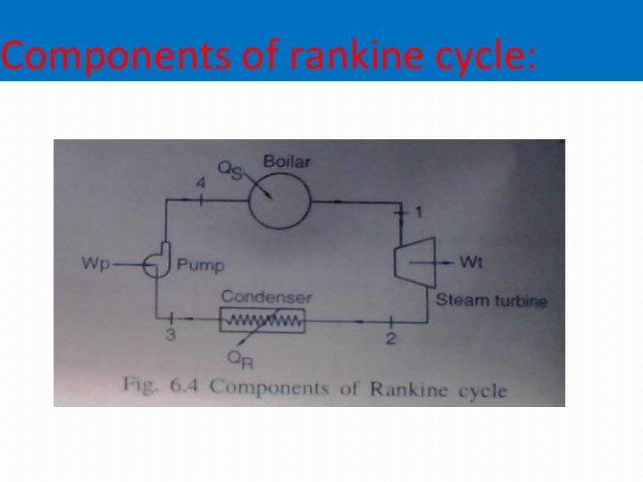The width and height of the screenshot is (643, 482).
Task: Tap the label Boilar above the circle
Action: pos(281,162)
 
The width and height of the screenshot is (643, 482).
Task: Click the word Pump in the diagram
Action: pos(200,265)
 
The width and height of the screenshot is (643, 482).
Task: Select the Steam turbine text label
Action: pos(490,300)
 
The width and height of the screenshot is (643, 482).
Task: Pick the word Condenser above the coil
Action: pos(266,296)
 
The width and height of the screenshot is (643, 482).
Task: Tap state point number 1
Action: pos(421,213)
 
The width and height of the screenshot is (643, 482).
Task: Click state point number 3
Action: pos(169,336)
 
